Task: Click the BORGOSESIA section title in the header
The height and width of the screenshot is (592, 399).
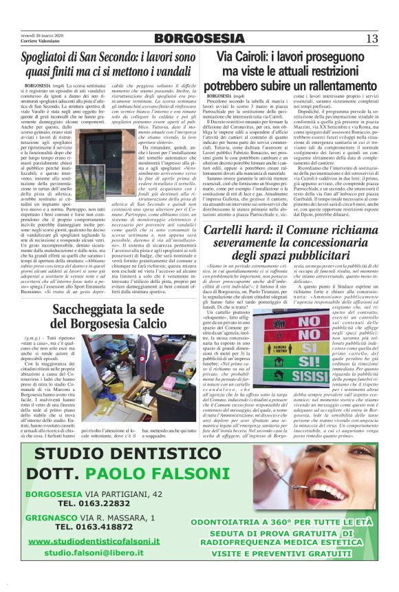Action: click(199, 38)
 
